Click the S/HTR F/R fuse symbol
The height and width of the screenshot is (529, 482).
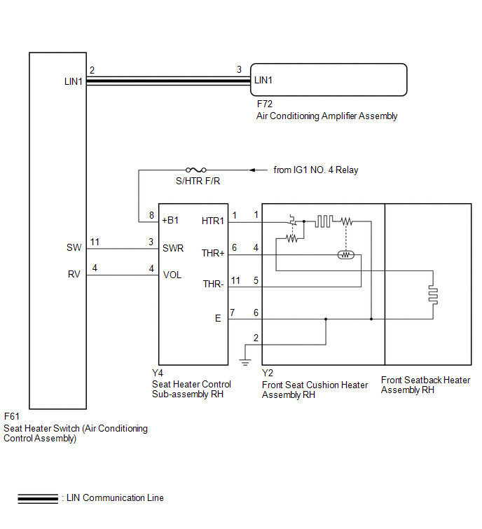point(196,170)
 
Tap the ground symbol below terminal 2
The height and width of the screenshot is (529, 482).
point(245,362)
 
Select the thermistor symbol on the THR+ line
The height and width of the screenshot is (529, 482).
point(345,255)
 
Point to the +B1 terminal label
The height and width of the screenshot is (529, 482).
point(170,220)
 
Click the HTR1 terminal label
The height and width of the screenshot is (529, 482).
point(213,221)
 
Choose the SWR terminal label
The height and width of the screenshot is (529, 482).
point(173,248)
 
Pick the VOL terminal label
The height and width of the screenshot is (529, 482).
point(172,275)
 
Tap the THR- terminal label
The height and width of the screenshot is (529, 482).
point(213,284)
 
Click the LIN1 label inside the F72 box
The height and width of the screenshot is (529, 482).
point(263,81)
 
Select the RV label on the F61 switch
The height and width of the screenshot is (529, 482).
point(74,274)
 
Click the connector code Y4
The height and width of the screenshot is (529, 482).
point(158,373)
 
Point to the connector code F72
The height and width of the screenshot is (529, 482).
point(264,104)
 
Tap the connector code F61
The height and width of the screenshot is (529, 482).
point(11,416)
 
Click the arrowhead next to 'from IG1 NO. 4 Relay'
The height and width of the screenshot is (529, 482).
point(252,170)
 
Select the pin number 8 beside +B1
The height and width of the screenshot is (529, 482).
point(152,215)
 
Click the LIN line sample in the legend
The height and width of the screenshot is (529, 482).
point(38,498)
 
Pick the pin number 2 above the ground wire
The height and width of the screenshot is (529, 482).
point(256,338)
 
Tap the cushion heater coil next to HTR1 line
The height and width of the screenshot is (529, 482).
point(324,221)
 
